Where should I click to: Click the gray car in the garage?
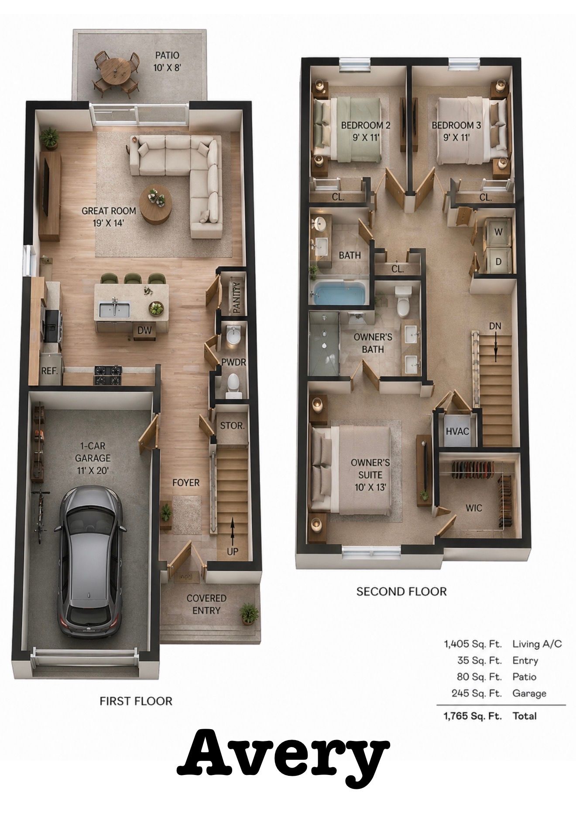click(90, 563)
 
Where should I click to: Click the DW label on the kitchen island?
click(144, 331)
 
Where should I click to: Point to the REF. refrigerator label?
click(50, 371)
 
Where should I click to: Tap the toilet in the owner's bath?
click(402, 301)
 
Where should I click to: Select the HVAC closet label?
click(457, 431)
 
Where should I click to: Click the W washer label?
click(498, 232)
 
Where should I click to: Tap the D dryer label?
click(498, 262)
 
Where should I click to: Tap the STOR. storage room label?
click(232, 425)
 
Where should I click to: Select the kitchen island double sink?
click(114, 310)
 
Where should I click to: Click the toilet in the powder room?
click(233, 385)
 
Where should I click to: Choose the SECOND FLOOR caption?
click(401, 591)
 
